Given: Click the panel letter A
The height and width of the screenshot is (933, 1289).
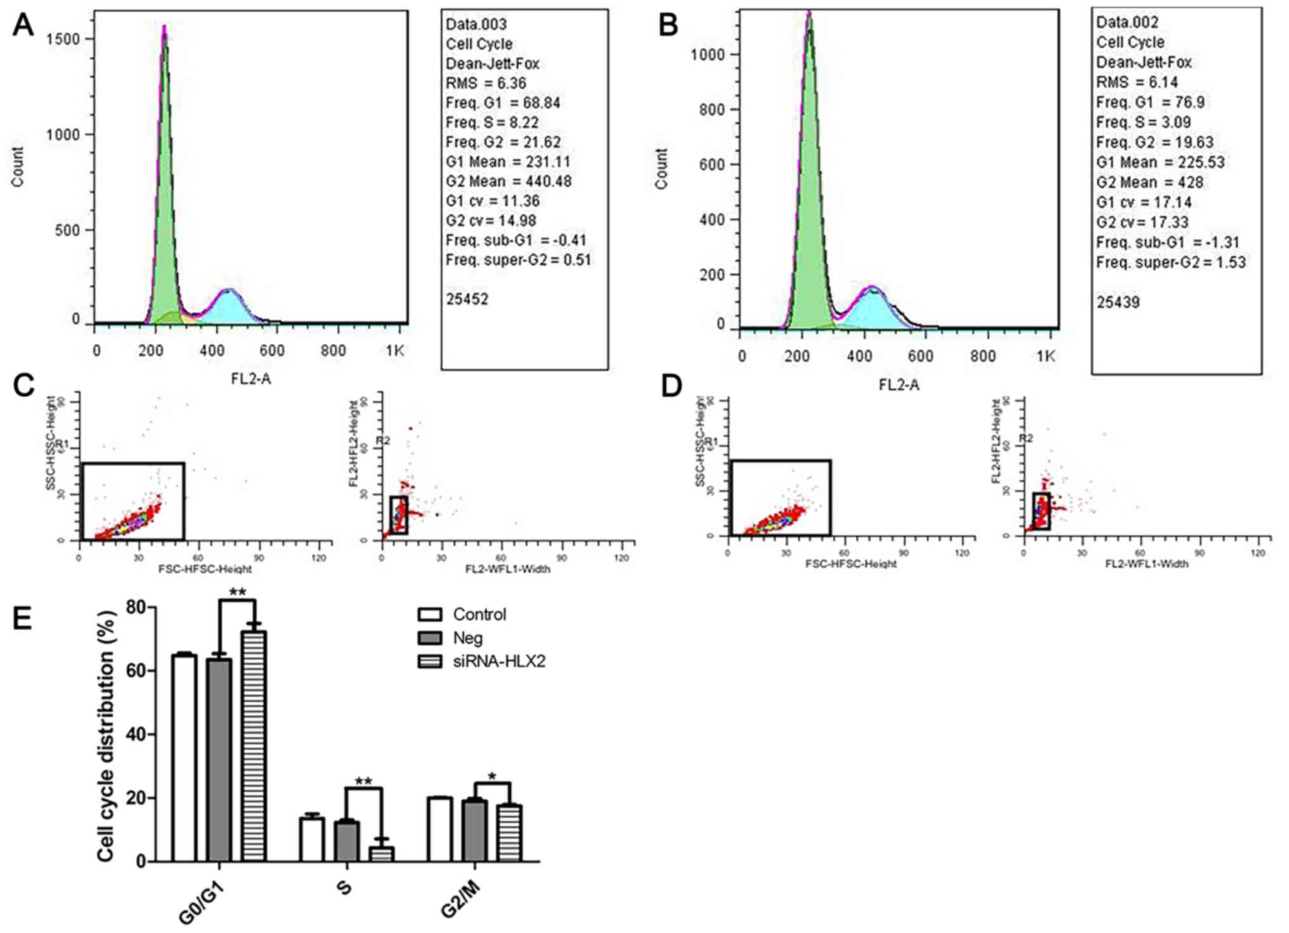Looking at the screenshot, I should pyautogui.click(x=23, y=25).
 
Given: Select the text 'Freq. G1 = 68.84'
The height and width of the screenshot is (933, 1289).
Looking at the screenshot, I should pyautogui.click(x=503, y=103).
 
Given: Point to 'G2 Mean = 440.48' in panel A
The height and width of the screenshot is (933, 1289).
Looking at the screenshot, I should pyautogui.click(x=508, y=182).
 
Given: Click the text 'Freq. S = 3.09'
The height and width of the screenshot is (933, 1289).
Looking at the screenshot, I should pyautogui.click(x=1144, y=122).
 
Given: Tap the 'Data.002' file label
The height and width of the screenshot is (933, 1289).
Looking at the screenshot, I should pyautogui.click(x=1127, y=23).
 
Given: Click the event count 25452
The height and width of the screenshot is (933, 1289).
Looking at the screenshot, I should pyautogui.click(x=467, y=299).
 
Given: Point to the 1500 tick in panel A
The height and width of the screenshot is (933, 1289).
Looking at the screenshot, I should pyautogui.click(x=63, y=39).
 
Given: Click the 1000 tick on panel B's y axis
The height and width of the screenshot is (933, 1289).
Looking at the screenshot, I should pyautogui.click(x=708, y=55).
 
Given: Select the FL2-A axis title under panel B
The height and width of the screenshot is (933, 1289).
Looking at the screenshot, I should pyautogui.click(x=899, y=385).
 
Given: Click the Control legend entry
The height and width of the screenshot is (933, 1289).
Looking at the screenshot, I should pyautogui.click(x=479, y=614).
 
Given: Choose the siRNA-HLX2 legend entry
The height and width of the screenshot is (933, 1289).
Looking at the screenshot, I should pyautogui.click(x=499, y=661).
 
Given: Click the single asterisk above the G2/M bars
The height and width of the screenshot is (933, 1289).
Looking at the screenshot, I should pyautogui.click(x=492, y=776).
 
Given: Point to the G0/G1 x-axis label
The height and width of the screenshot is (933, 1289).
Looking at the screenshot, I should pyautogui.click(x=201, y=901).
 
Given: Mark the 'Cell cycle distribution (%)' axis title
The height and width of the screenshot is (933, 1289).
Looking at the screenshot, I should pyautogui.click(x=107, y=736).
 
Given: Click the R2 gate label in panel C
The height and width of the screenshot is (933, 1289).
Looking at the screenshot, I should pyautogui.click(x=383, y=440).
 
